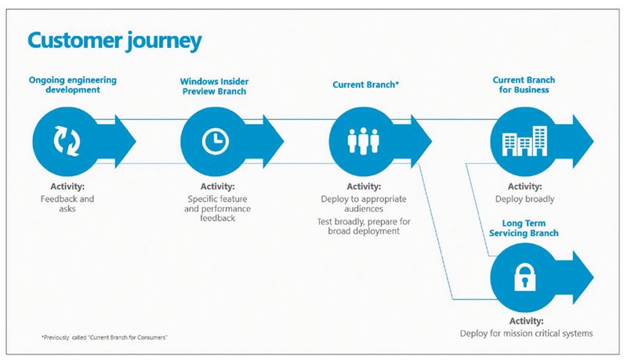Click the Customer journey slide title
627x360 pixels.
tap(114, 40)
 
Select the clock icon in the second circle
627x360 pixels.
tap(212, 140)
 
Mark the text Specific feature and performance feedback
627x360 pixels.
tap(217, 210)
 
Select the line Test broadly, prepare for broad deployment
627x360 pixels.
tap(361, 226)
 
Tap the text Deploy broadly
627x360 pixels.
tap(525, 199)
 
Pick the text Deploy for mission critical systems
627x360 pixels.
tap(526, 333)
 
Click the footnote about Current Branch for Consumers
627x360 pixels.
tap(106, 336)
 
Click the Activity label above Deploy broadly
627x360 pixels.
tap(525, 187)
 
